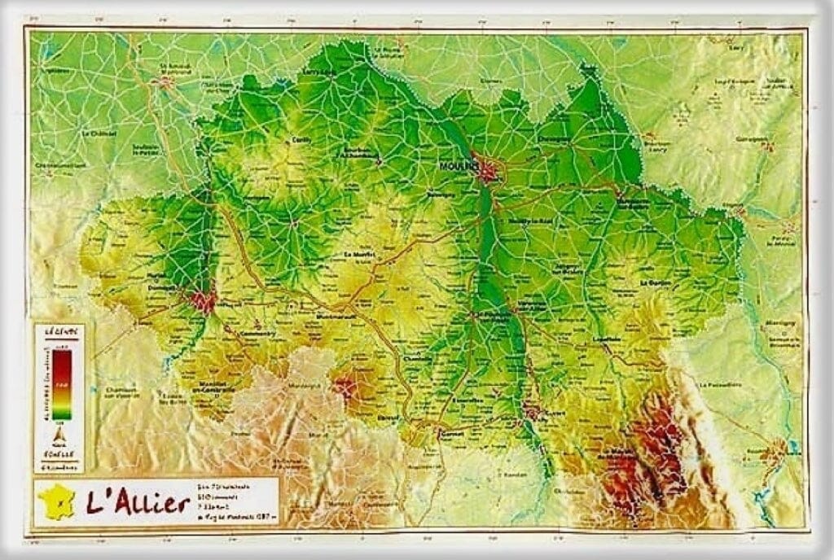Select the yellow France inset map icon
[x=56, y=501]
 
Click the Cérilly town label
[x=302, y=139]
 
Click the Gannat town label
[x=450, y=435]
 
